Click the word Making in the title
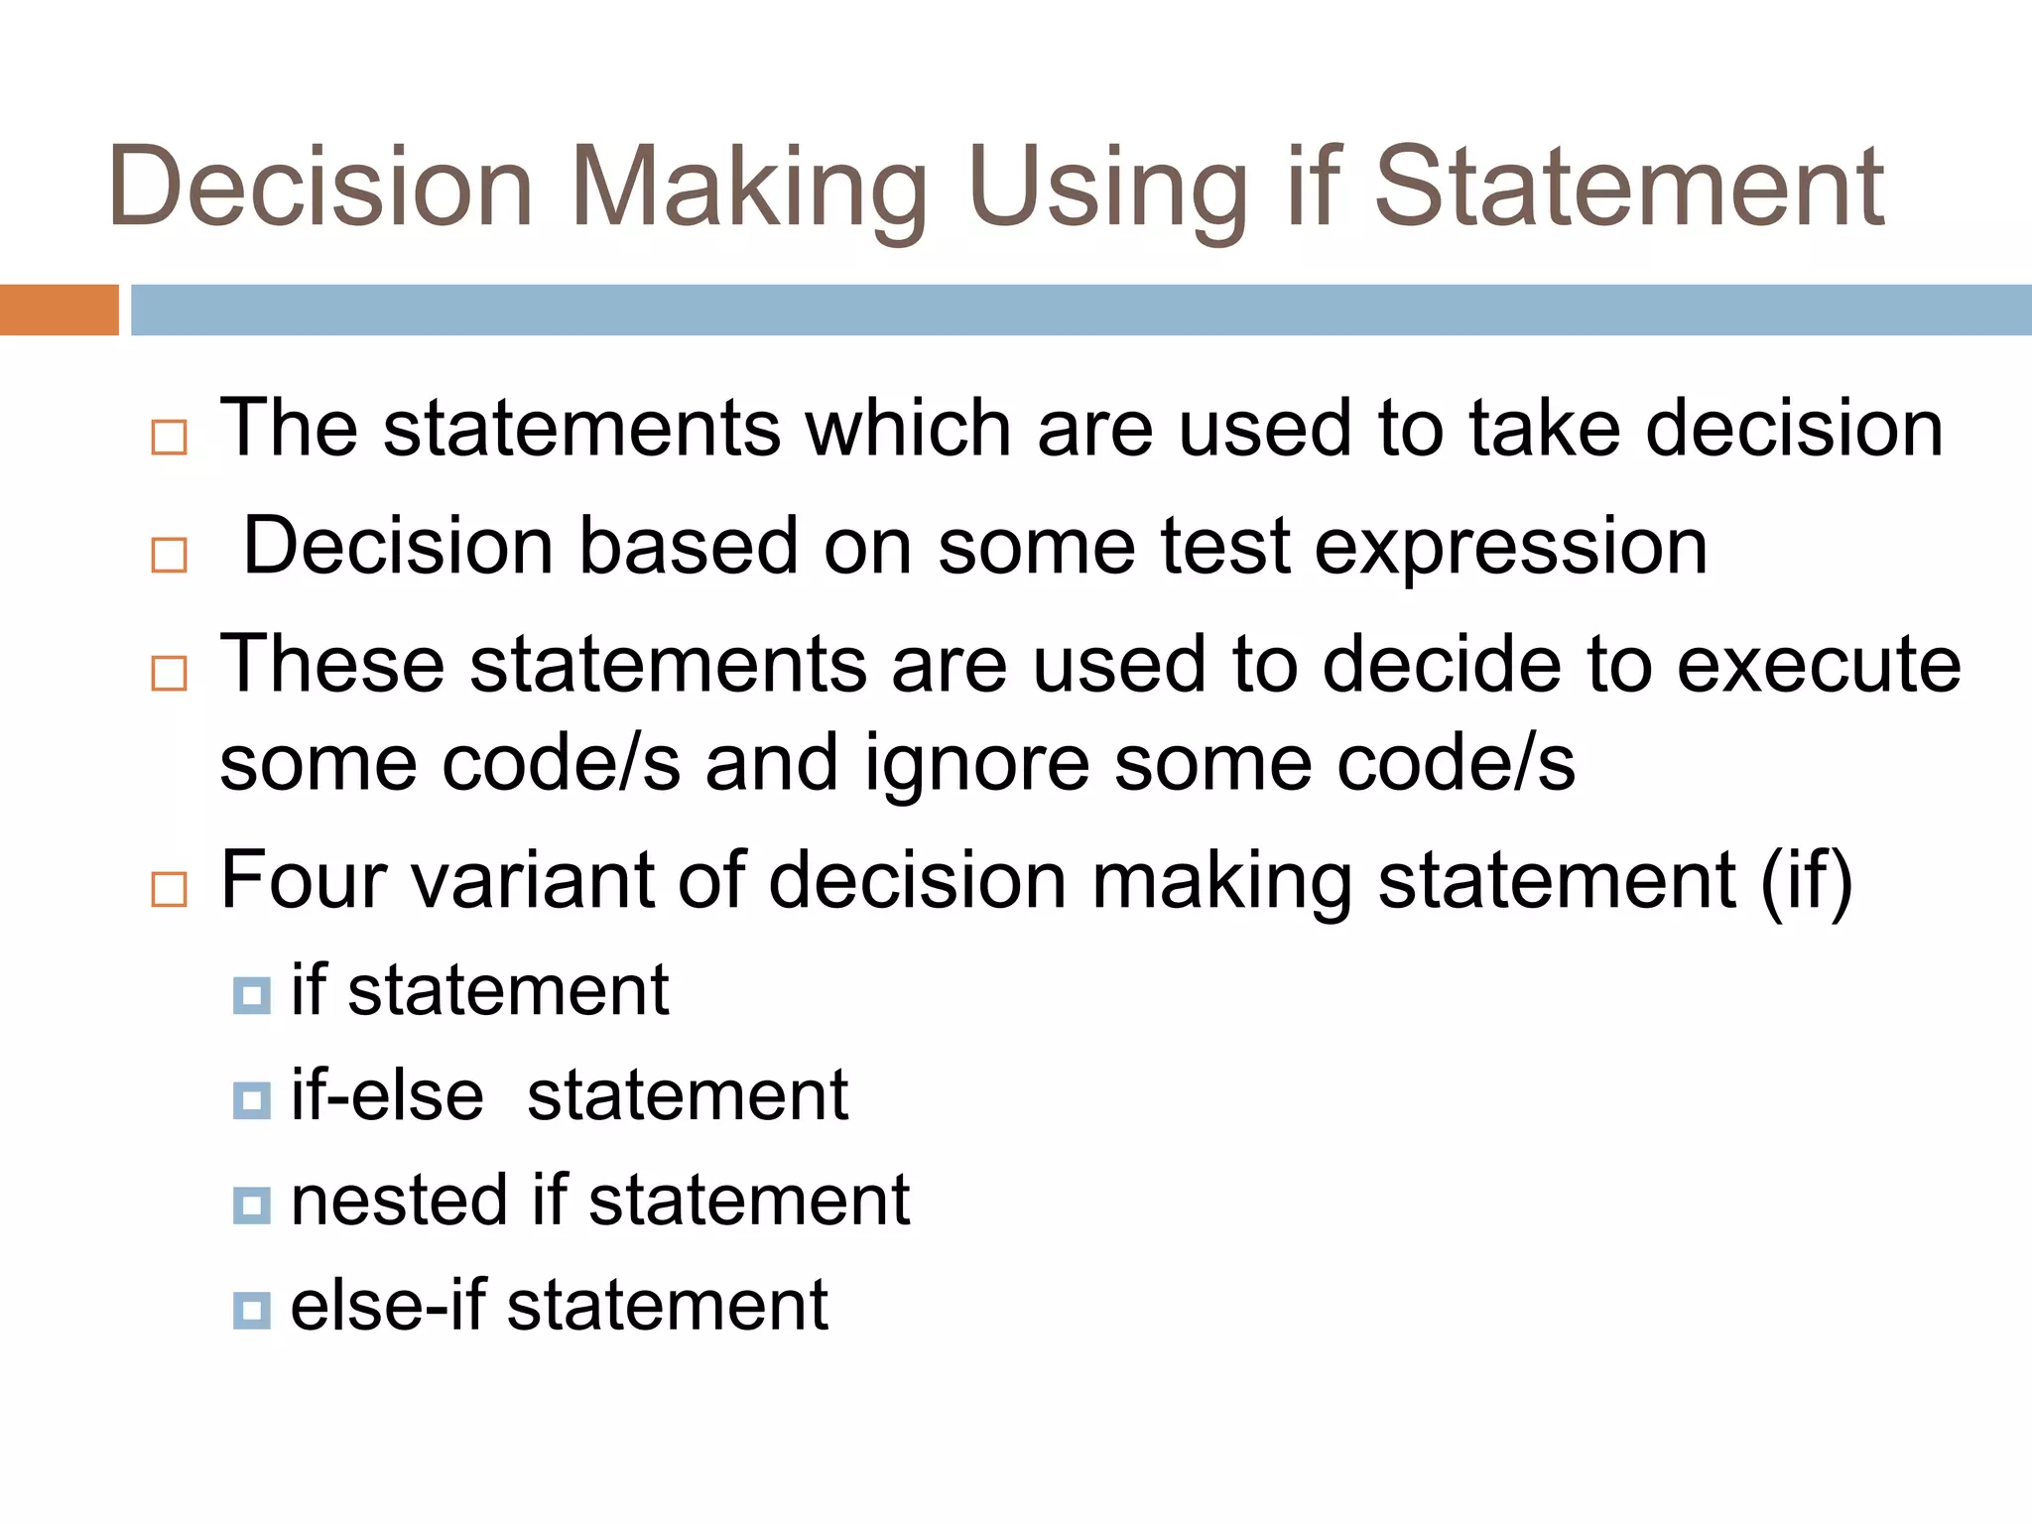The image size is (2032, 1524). [749, 189]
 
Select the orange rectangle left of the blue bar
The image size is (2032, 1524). [59, 310]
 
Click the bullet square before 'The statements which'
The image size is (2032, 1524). [170, 438]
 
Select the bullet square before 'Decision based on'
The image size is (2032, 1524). [170, 556]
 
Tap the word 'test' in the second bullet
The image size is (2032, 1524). [1226, 547]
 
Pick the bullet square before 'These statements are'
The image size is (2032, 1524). [170, 674]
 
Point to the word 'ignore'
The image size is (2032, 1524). [977, 765]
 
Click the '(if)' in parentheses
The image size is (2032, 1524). [1806, 882]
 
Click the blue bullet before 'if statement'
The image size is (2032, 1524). [252, 995]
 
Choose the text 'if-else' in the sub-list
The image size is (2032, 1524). [387, 1096]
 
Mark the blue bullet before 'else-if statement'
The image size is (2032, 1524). [252, 1310]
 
